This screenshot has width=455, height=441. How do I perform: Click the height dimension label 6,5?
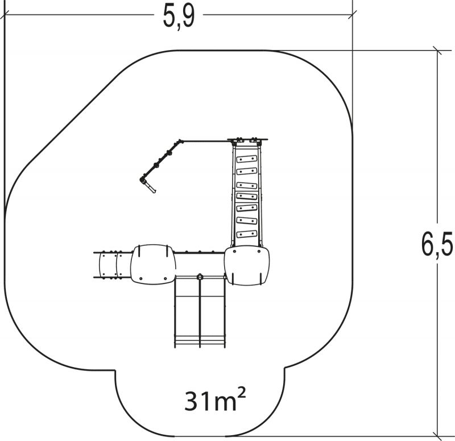point(437,244)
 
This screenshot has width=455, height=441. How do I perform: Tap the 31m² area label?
point(215,400)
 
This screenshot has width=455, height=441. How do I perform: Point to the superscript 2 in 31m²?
point(241,394)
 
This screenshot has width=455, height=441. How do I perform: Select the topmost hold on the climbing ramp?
point(247,159)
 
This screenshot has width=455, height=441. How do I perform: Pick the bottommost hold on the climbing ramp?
point(247,234)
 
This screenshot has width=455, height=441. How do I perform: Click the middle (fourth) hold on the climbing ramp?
point(247,196)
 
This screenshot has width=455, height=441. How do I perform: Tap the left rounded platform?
point(153,264)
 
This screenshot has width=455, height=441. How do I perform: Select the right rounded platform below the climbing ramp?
point(247,266)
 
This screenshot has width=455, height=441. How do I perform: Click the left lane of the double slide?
point(188,311)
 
